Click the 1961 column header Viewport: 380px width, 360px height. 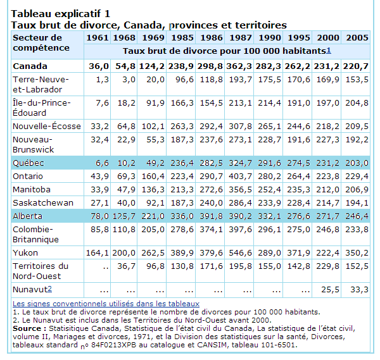pos(99,37)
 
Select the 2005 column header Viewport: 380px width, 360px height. pos(357,37)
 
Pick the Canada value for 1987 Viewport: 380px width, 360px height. pos(241,66)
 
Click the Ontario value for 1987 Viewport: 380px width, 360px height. pos(241,176)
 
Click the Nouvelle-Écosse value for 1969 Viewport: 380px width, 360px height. pos(153,127)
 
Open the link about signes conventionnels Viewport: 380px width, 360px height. pos(106,304)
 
